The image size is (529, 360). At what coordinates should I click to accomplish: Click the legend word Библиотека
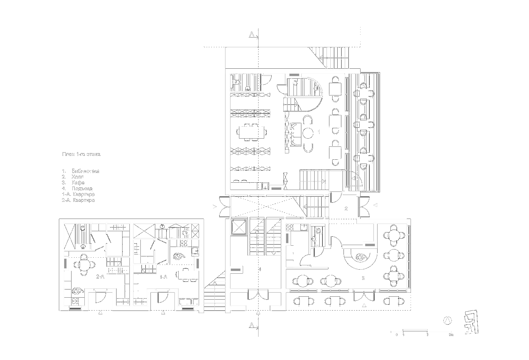(x=85, y=171)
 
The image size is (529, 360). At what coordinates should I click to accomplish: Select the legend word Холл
(x=77, y=177)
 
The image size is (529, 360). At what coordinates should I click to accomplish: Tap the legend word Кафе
(x=78, y=183)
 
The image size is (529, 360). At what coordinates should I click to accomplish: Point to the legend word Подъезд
(x=82, y=189)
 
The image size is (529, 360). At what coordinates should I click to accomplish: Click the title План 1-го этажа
(x=81, y=154)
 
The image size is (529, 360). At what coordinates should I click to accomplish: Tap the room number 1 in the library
(x=319, y=132)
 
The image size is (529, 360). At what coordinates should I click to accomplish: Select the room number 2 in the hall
(x=346, y=209)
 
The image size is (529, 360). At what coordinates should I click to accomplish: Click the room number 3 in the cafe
(x=363, y=278)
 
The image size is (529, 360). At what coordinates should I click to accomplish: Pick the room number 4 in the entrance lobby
(x=259, y=269)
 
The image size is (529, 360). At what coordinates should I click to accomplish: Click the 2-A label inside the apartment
(x=100, y=277)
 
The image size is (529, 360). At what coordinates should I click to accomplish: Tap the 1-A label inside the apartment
(x=163, y=277)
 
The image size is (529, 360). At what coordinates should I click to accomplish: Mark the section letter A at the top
(x=252, y=34)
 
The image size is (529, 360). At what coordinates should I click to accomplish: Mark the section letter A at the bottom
(x=252, y=325)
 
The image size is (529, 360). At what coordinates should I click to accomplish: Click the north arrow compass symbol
(x=447, y=320)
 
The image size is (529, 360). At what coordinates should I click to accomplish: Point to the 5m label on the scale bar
(x=451, y=335)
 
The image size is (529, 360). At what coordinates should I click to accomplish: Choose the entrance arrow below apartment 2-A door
(x=100, y=312)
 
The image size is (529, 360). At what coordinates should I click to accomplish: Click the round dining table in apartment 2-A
(x=84, y=264)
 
